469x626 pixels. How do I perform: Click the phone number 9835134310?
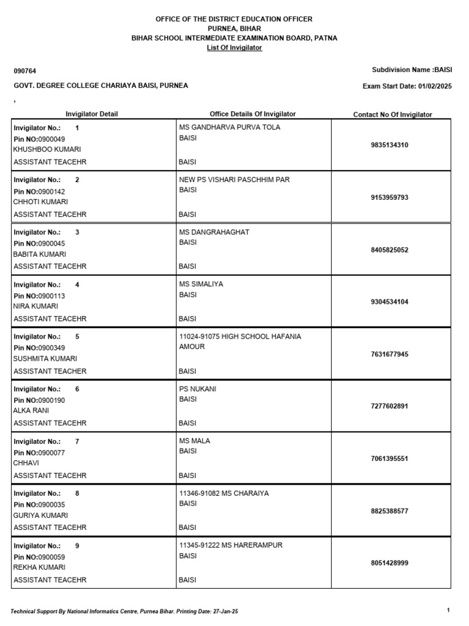pyautogui.click(x=390, y=145)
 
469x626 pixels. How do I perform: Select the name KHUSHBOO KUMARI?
pyautogui.click(x=47, y=150)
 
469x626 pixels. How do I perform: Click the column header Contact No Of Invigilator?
pyautogui.click(x=392, y=114)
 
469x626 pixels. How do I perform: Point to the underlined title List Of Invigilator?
pyautogui.click(x=234, y=48)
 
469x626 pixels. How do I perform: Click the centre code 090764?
pyautogui.click(x=24, y=71)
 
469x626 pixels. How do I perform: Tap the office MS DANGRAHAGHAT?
pyautogui.click(x=214, y=232)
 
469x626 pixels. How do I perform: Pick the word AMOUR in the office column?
pyautogui.click(x=192, y=347)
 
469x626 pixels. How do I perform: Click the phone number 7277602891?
pyautogui.click(x=390, y=407)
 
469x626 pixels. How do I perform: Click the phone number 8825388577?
pyautogui.click(x=390, y=511)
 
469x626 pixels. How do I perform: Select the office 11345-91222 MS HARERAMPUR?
pyautogui.click(x=230, y=545)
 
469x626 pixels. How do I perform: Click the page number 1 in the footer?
pyautogui.click(x=448, y=610)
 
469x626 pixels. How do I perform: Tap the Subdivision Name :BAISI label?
pyautogui.click(x=412, y=70)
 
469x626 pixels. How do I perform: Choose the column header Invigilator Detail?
pyautogui.click(x=92, y=114)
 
